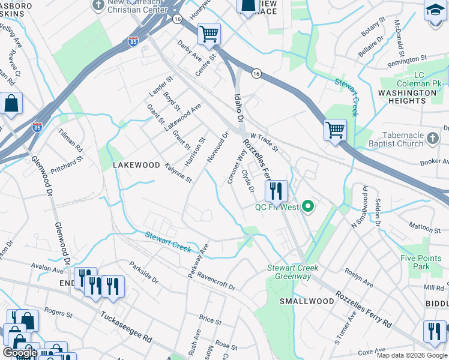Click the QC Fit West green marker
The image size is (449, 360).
[309, 208]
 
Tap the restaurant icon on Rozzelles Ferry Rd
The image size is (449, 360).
[276, 191]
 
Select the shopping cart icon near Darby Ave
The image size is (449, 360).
[209, 34]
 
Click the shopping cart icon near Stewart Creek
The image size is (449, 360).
[335, 129]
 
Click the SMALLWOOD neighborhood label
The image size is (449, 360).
[307, 301]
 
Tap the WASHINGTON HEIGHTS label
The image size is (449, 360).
[407, 97]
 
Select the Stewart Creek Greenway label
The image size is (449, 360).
[293, 272]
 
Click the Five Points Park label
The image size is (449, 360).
[415, 262]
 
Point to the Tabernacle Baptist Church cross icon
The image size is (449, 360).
[432, 140]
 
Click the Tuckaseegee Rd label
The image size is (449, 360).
[126, 326]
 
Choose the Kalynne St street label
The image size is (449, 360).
[178, 172]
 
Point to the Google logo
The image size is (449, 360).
[19, 353]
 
